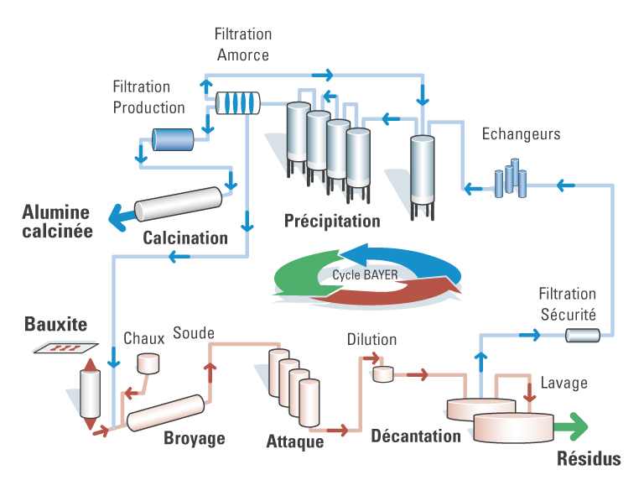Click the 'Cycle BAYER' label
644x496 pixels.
[x=365, y=275]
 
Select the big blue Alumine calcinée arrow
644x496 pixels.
[x=122, y=217]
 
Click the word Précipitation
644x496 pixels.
[x=332, y=221]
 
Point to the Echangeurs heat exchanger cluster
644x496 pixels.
[x=511, y=179]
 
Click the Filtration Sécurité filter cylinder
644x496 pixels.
[x=583, y=335]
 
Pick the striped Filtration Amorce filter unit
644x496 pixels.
[x=238, y=102]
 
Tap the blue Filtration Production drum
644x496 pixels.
[x=173, y=139]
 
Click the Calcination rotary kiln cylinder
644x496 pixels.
[x=179, y=204]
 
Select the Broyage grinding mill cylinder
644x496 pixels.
[x=165, y=413]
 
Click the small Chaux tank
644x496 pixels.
[x=148, y=363]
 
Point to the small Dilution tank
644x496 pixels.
[x=383, y=374]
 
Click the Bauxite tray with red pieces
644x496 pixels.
[x=65, y=347]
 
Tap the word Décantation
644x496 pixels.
[x=416, y=436]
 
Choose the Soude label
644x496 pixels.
[x=194, y=333]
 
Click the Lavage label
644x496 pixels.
[x=563, y=383]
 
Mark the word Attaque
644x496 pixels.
[x=295, y=441]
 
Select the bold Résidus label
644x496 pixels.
[x=589, y=458]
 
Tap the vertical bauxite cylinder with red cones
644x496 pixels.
[x=90, y=394]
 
